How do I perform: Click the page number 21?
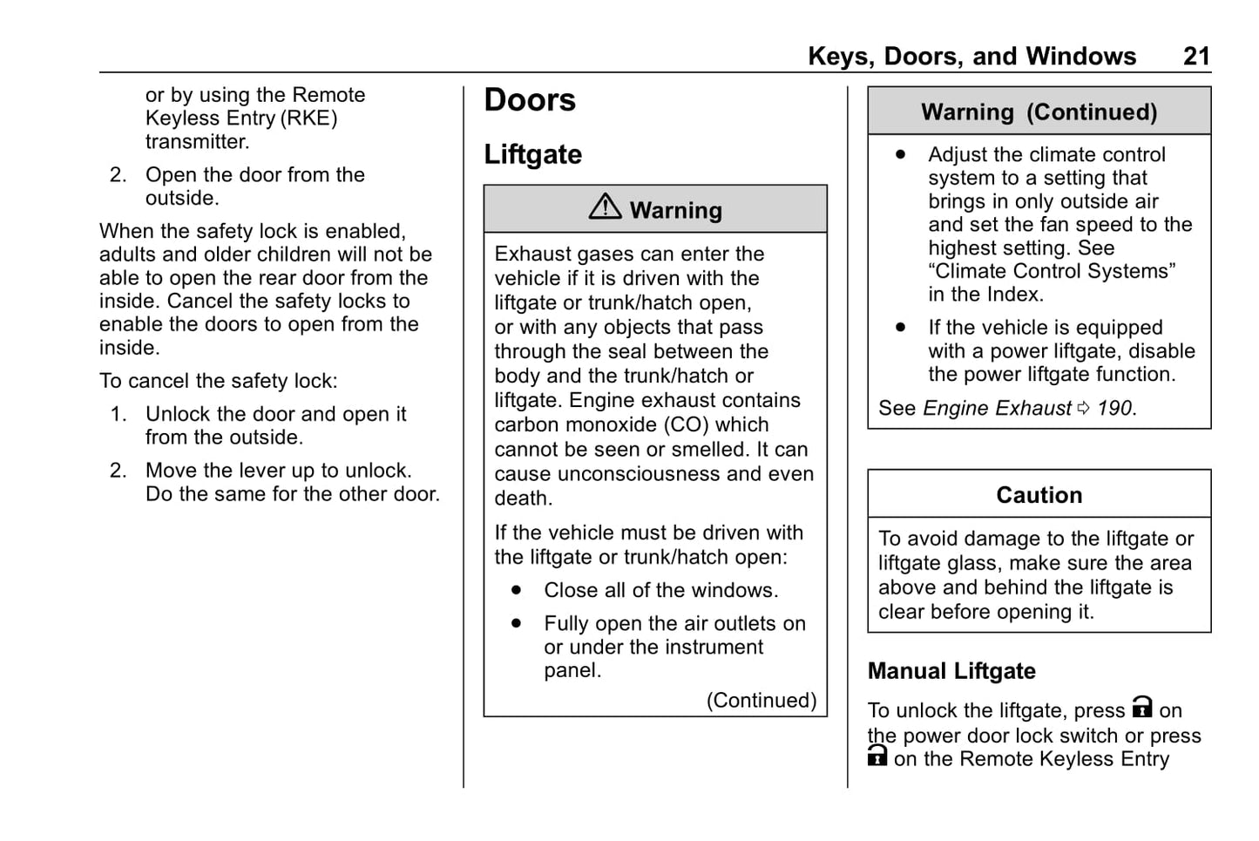click(x=1196, y=57)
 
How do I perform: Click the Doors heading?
click(x=530, y=100)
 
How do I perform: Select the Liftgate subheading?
click(x=532, y=154)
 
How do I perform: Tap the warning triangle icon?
click(x=605, y=207)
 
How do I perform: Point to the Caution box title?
click(x=1039, y=495)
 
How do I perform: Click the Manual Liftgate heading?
click(x=951, y=671)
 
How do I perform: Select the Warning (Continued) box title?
click(x=1039, y=112)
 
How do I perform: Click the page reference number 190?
click(x=1115, y=408)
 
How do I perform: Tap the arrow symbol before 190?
click(x=1083, y=408)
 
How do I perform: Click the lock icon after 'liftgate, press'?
click(x=1141, y=707)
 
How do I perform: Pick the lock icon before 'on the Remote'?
click(x=877, y=756)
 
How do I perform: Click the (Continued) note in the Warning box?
click(x=761, y=701)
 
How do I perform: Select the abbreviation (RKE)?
click(x=308, y=119)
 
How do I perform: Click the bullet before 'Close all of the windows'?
click(x=517, y=590)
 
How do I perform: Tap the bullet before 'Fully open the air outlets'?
click(x=517, y=623)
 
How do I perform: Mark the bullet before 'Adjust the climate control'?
click(x=900, y=154)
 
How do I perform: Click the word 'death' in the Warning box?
click(x=522, y=498)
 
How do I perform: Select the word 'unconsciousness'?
click(x=638, y=474)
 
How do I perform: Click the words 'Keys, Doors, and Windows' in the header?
click(x=971, y=57)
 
